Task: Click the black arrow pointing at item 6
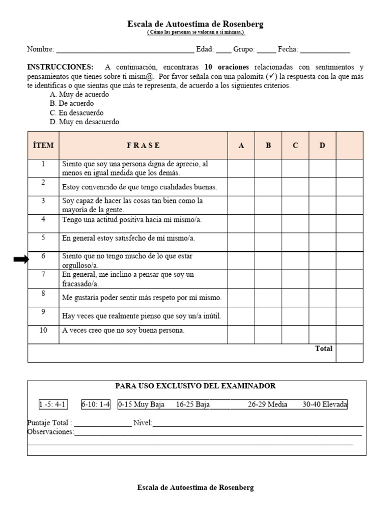tap(21, 259)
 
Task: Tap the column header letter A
tap(241, 146)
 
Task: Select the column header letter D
tap(322, 146)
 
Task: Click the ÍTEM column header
tap(43, 146)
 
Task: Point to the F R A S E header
tap(143, 146)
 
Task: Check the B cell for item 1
tap(268, 168)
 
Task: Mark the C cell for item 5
tap(295, 242)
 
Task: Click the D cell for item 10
tap(322, 334)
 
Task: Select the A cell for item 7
tap(241, 279)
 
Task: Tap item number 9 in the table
tap(43, 312)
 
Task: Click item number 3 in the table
tap(43, 201)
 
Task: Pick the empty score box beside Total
tap(349, 353)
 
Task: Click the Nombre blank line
tap(125, 50)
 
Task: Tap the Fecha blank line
tap(325, 50)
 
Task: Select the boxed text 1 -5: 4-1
tap(53, 404)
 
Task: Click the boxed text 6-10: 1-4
tap(96, 404)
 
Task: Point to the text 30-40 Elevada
tap(325, 404)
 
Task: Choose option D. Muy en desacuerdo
tap(84, 122)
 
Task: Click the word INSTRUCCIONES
tap(60, 67)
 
